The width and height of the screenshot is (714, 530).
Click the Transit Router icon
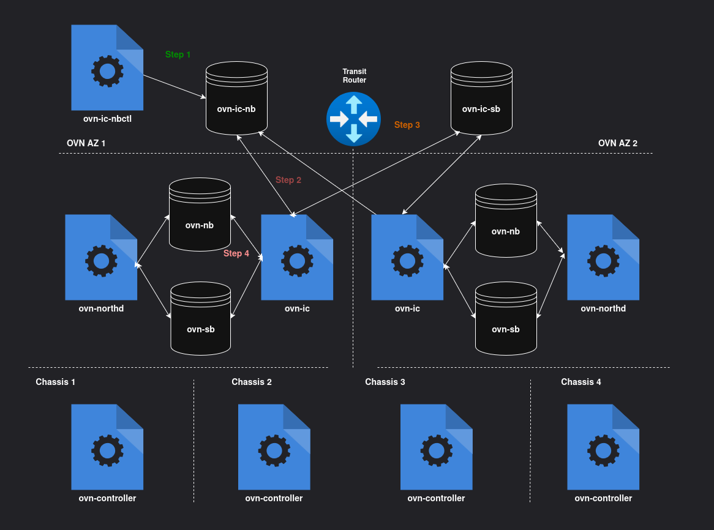point(353,119)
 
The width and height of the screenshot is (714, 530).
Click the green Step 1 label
point(178,54)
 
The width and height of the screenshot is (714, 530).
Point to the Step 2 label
point(288,180)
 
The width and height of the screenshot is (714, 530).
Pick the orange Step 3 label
point(407,125)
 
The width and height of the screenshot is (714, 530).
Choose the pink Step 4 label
point(236,253)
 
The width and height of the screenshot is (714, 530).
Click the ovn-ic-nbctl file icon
point(107,68)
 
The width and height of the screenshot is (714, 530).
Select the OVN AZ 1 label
point(86,143)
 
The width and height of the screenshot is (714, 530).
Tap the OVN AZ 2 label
point(618,143)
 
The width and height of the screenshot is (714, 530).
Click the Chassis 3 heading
point(385,382)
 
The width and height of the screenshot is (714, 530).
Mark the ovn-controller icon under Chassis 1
point(107,447)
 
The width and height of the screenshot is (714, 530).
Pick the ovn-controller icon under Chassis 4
point(603,447)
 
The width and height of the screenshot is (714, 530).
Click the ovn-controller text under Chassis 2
point(274,498)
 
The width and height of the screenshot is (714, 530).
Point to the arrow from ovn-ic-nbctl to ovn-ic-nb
point(174,86)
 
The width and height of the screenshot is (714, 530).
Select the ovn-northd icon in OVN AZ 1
point(101,258)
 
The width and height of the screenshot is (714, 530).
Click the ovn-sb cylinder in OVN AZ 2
point(506,318)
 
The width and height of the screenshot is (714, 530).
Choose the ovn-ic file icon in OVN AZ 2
point(407,258)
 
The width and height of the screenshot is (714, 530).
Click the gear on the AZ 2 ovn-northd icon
point(604,261)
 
